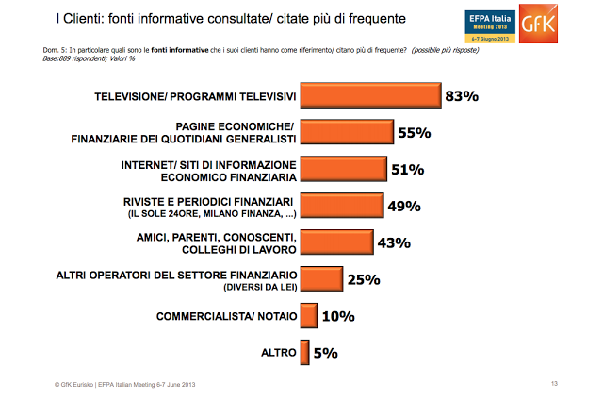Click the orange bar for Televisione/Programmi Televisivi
[370, 96]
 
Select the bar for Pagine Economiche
[347, 133]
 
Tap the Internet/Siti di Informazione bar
[343, 169]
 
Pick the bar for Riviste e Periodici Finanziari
[342, 206]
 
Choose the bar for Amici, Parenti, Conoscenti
[334, 242]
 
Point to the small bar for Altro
[303, 353]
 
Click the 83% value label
[464, 96]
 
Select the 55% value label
[415, 133]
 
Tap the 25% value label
[362, 279]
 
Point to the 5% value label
[326, 354]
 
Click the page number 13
[555, 383]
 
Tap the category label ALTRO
[277, 353]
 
